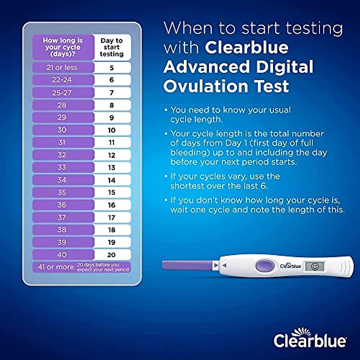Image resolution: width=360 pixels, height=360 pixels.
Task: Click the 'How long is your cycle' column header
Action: [x=63, y=47]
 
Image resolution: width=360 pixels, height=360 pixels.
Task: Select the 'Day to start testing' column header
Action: [x=112, y=47]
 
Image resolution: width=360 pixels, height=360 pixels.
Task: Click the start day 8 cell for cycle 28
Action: [x=112, y=105]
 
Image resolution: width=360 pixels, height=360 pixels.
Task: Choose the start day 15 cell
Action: [x=112, y=192]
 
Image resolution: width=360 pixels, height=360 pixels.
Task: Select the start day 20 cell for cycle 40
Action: [x=112, y=255]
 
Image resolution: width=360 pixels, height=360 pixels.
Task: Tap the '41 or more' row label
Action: [x=56, y=267]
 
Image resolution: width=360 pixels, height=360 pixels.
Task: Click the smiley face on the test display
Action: [x=314, y=266]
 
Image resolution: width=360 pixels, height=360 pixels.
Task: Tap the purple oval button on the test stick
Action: [x=265, y=266]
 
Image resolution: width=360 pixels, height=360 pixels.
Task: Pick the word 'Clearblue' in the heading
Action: [x=247, y=47]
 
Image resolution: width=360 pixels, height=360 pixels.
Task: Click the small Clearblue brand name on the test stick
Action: [x=290, y=266]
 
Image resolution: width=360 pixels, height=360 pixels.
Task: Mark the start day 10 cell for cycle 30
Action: [x=112, y=130]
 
